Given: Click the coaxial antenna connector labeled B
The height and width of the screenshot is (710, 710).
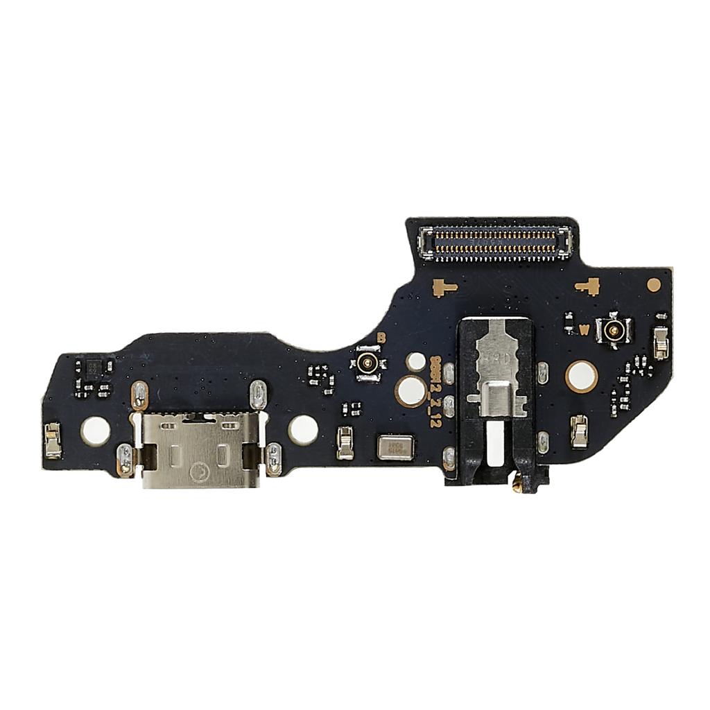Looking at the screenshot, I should click(367, 361).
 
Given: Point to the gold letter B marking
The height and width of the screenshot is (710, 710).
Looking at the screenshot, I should click(381, 338).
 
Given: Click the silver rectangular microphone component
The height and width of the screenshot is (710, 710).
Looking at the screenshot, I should click(394, 447).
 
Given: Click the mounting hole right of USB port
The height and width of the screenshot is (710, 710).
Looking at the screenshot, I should click(303, 429).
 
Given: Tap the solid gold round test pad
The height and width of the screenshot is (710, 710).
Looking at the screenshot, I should click(653, 284).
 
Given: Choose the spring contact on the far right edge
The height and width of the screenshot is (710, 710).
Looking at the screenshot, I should click(661, 342).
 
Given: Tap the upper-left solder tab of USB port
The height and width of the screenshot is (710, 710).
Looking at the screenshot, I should click(139, 395).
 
